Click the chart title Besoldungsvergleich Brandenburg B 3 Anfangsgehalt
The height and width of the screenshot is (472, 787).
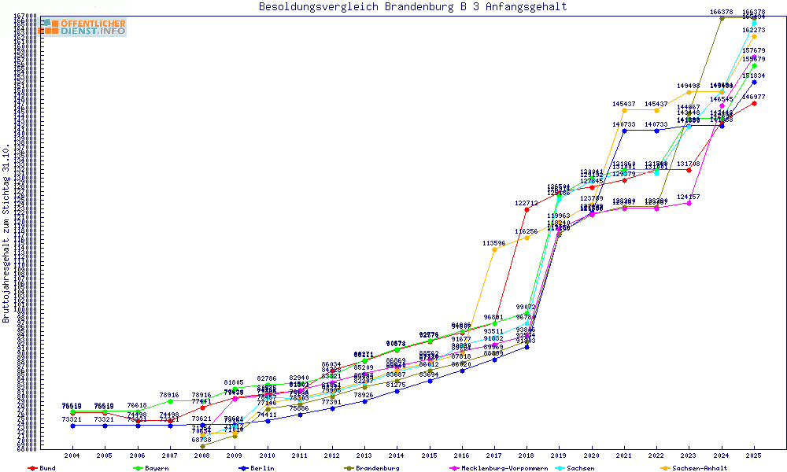click(x=412, y=7)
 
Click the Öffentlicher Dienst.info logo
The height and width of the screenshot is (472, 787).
click(x=83, y=27)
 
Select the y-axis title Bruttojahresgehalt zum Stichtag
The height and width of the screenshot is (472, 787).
click(x=6, y=234)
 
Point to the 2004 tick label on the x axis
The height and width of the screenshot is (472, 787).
click(x=72, y=455)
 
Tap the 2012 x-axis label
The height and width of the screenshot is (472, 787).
click(x=332, y=455)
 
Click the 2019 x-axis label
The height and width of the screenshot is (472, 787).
click(x=559, y=455)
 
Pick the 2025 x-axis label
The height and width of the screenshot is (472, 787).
click(x=754, y=455)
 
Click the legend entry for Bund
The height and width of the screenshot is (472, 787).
click(x=42, y=468)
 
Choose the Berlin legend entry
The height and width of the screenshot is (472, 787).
click(x=260, y=468)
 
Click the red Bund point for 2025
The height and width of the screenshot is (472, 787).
click(x=754, y=103)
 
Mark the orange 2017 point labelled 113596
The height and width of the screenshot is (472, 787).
click(x=494, y=250)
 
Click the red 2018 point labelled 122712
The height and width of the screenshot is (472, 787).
click(x=527, y=209)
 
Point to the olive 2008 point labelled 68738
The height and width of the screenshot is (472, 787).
click(x=202, y=446)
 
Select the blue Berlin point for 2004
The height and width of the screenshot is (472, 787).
click(x=72, y=426)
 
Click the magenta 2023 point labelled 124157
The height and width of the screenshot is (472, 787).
click(x=689, y=203)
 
